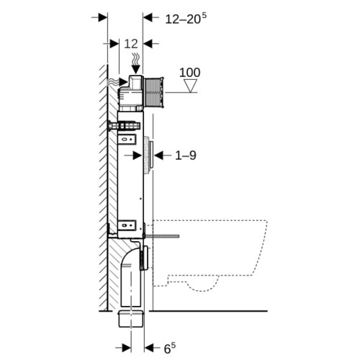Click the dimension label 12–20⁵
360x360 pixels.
click(186, 19)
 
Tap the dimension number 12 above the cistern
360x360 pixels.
click(131, 44)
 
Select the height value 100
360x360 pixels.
click(190, 73)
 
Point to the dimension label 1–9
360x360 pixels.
click(186, 156)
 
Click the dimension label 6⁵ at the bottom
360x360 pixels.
click(170, 348)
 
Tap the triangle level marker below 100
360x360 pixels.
click(191, 86)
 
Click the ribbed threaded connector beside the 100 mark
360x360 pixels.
click(154, 92)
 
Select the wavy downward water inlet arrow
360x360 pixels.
click(136, 63)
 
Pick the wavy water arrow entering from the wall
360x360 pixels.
click(117, 82)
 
